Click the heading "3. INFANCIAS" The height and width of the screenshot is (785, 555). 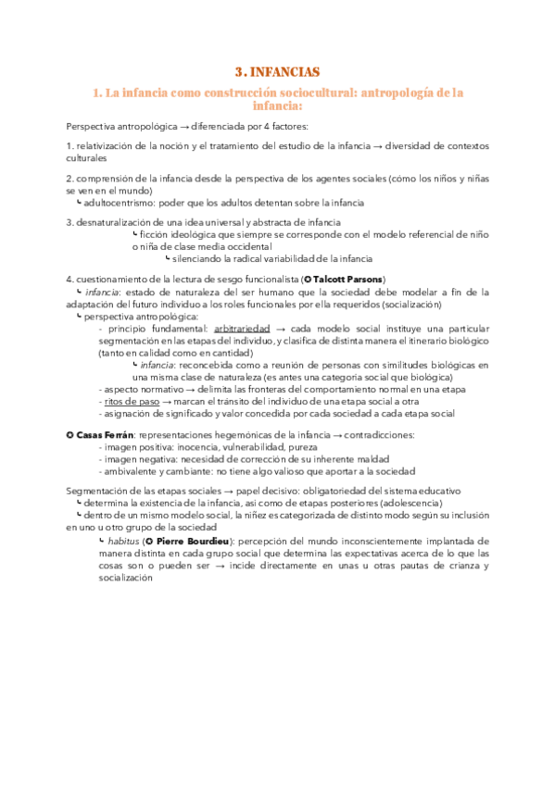point(277,71)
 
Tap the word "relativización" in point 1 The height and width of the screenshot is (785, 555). point(104,146)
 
